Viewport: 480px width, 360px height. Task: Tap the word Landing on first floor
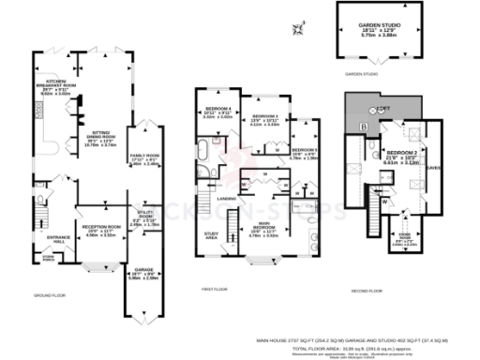[225, 198]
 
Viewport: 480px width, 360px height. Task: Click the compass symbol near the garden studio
[299, 25]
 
